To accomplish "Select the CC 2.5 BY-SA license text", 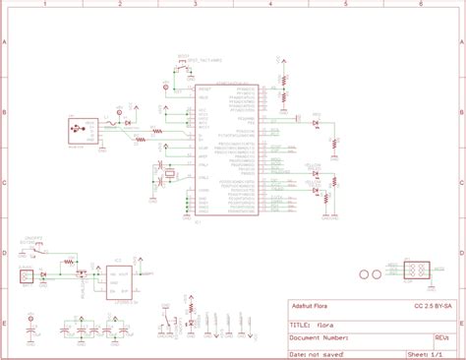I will point(432,305).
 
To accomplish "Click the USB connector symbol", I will point(76,129).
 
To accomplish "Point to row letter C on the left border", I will point(5,183).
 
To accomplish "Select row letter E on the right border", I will point(461,322).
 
